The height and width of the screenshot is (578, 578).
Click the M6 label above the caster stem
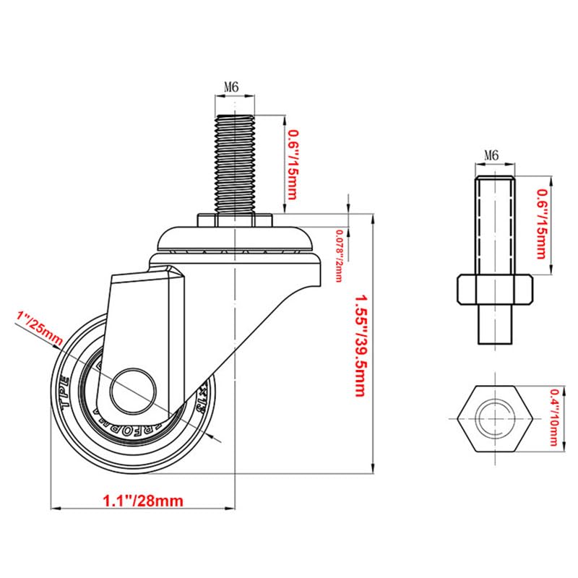pyautogui.click(x=231, y=87)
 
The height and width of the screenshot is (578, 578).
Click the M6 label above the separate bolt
pyautogui.click(x=491, y=155)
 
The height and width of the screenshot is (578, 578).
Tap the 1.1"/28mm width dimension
pyautogui.click(x=142, y=499)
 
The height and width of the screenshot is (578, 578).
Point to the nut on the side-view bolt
pyautogui.click(x=495, y=290)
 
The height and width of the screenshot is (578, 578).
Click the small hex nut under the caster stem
pyautogui.click(x=236, y=220)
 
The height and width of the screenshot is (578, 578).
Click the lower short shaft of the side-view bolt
pyautogui.click(x=495, y=325)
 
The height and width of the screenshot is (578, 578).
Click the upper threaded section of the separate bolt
pyautogui.click(x=495, y=224)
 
